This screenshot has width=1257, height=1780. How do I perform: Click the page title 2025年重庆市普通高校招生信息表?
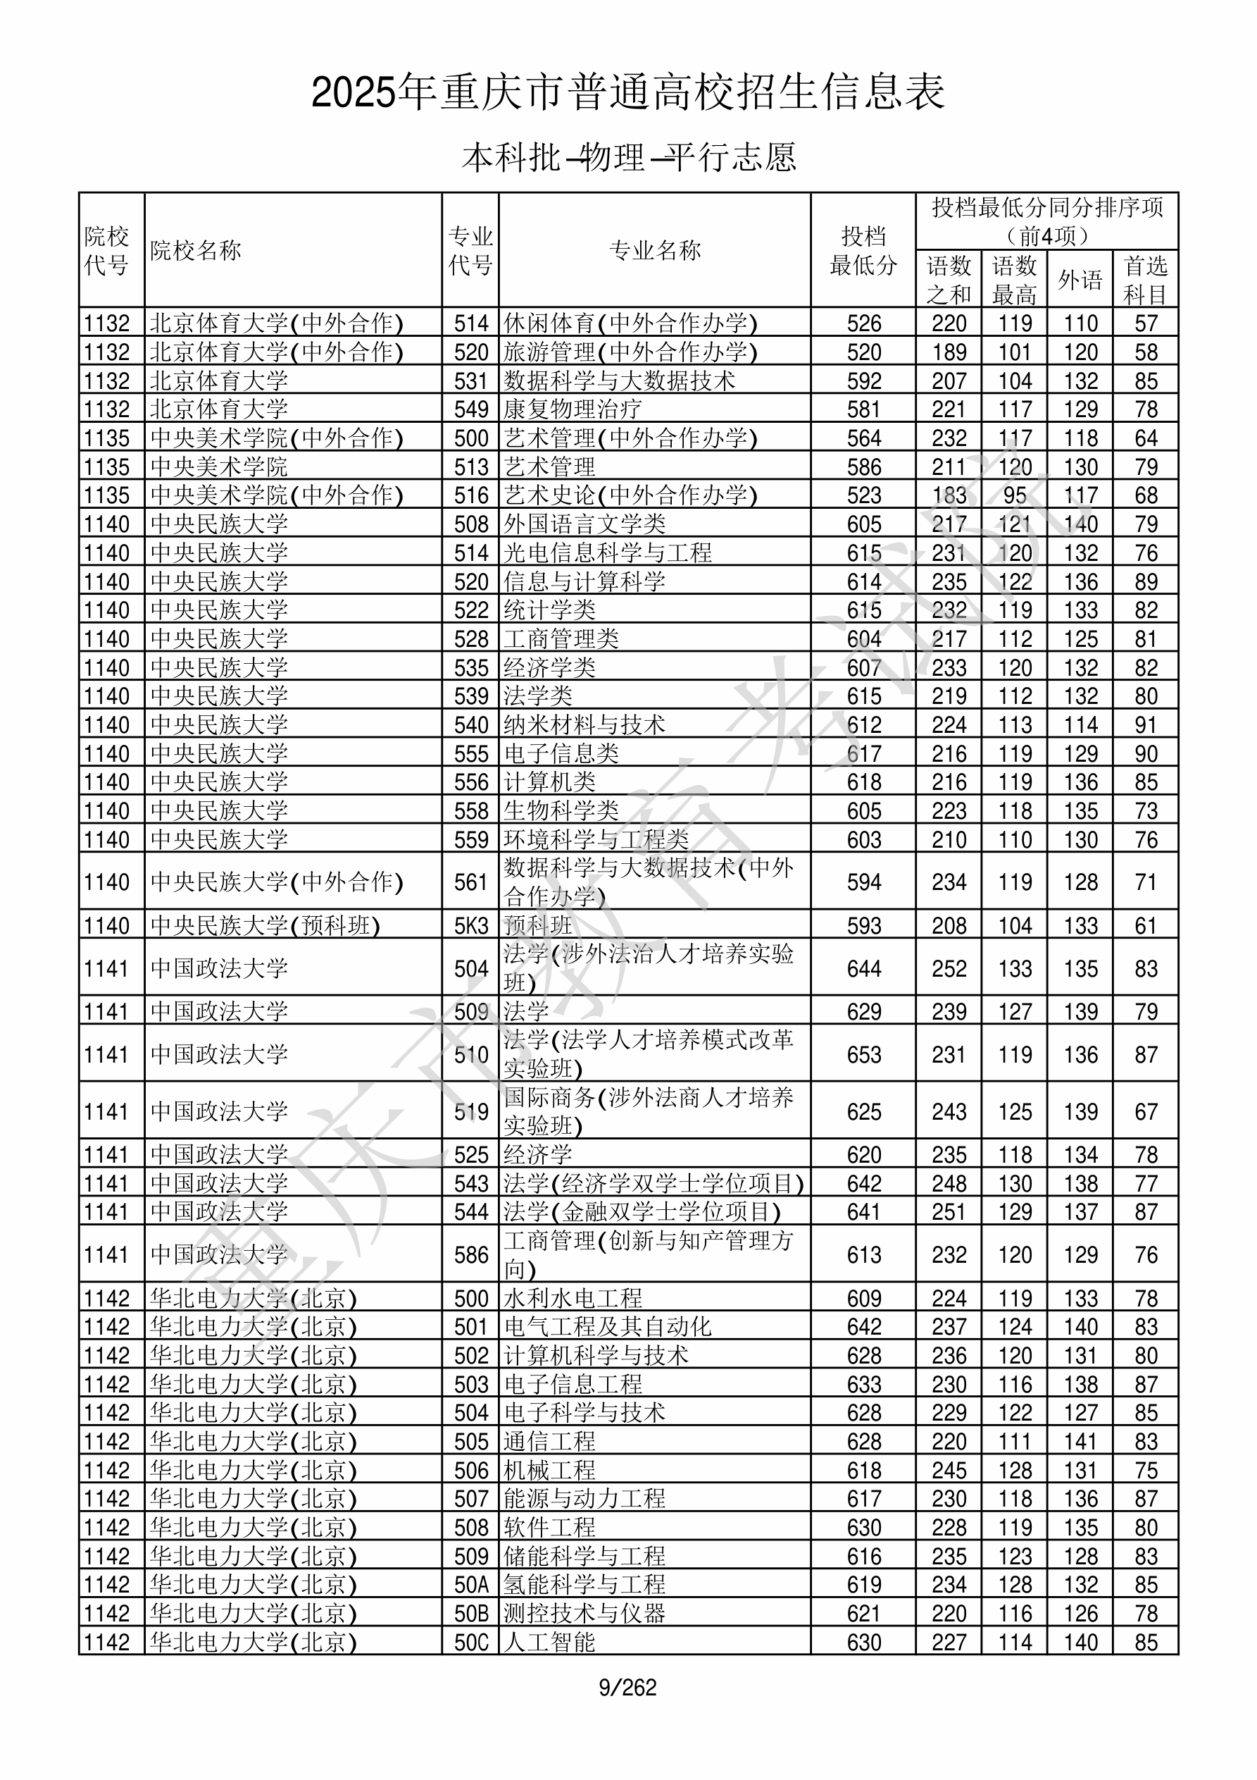[x=627, y=93]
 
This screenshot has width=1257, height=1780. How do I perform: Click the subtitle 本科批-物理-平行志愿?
[x=628, y=157]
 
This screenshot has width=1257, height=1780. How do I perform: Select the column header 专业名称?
[x=655, y=250]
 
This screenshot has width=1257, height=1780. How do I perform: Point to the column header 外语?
[x=1080, y=280]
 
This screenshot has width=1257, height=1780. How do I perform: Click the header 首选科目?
[x=1146, y=280]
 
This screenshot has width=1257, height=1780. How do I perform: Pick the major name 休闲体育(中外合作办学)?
[x=631, y=323]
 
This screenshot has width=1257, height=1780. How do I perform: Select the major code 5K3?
[x=471, y=926]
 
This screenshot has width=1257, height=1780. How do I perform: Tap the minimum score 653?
[x=864, y=1054]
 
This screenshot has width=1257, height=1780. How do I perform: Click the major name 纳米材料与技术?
[x=584, y=725]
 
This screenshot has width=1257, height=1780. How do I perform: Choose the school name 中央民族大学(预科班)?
[x=265, y=926]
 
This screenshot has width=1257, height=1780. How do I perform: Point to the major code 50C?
[x=471, y=1642]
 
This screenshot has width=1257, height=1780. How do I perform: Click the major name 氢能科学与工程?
[x=584, y=1585]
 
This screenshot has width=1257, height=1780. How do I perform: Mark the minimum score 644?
[x=864, y=968]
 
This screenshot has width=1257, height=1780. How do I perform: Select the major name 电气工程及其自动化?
[x=608, y=1326]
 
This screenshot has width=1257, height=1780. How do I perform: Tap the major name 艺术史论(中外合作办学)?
[x=631, y=495]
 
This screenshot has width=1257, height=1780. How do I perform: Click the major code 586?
[x=471, y=1255]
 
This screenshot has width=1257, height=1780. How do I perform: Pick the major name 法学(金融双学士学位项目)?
[x=642, y=1212]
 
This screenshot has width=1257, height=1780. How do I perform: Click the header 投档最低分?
[x=863, y=250]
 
